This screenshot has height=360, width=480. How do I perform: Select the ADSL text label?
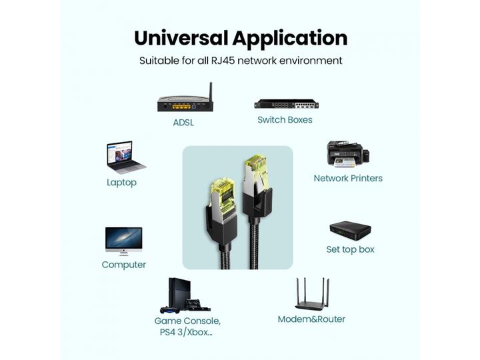point(185,123)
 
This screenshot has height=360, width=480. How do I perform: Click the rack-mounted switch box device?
point(286,104)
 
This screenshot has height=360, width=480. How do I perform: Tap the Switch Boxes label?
point(285,120)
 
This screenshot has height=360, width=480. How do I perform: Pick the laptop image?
point(125,157)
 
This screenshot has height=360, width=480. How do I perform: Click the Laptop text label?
point(121,183)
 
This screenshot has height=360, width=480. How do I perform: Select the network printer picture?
point(347,154)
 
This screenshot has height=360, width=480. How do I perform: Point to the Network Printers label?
point(348,179)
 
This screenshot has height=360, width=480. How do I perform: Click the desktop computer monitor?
point(123,240)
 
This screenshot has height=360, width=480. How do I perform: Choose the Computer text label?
point(123,265)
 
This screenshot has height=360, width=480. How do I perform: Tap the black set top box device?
point(350,230)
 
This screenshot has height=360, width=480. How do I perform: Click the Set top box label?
point(350,249)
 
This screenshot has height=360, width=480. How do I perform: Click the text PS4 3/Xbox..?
point(187,333)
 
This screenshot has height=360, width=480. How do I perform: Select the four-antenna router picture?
point(312,295)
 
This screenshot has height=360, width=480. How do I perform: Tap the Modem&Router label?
point(311,319)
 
